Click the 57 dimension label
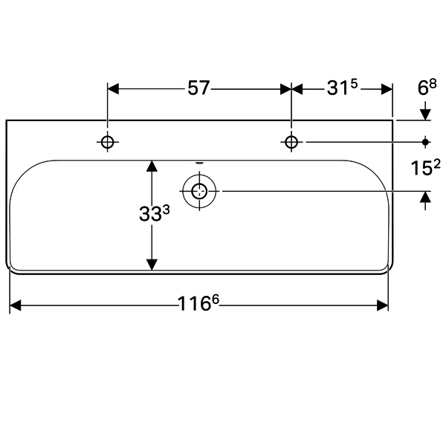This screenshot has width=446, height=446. tap(198, 88)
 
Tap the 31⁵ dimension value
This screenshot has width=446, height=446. tap(342, 88)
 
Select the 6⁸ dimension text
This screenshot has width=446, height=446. tap(427, 87)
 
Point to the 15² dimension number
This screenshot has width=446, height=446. tap(425, 168)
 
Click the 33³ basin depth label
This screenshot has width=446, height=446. tap(155, 213)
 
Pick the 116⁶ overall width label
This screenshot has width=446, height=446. tap(198, 303)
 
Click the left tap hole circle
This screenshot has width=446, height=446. tap(107, 142)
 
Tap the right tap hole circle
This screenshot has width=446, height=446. tap(291, 142)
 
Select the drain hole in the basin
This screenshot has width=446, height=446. tap(199, 191)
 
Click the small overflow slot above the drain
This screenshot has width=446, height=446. tap(200, 164)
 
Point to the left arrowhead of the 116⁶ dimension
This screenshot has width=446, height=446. tap(16, 306)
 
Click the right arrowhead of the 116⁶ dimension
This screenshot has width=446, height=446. tap(383, 306)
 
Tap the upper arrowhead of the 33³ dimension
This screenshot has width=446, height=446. tap(152, 166)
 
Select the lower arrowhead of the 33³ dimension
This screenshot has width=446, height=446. tap(152, 265)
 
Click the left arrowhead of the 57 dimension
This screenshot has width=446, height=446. tap(113, 89)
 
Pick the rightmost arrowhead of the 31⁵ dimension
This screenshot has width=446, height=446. tap(387, 89)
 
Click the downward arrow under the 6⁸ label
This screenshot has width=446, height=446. tap(425, 111)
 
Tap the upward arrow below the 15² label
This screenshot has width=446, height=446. tap(425, 201)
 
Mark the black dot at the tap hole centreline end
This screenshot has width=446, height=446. tap(425, 142)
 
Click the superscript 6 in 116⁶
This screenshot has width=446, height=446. tap(216, 300)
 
